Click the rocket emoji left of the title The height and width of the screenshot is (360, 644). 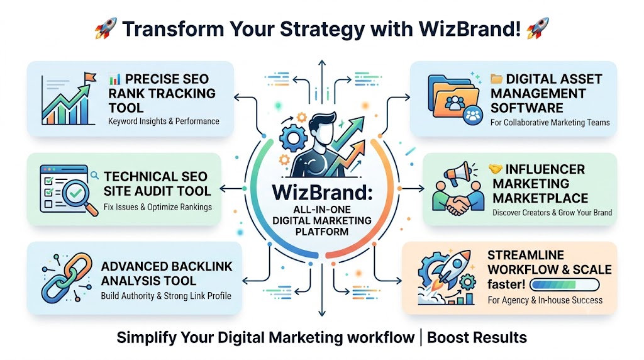click(106, 28)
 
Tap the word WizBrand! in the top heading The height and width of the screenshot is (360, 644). click(470, 29)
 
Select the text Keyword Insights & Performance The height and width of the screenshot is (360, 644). click(164, 121)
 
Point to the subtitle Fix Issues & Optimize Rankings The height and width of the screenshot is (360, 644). click(158, 206)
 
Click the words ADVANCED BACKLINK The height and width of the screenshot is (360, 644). click(167, 266)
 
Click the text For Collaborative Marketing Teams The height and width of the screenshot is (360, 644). click(550, 123)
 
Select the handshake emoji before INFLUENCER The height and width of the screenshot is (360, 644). click(496, 169)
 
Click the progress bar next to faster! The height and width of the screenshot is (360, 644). click(565, 284)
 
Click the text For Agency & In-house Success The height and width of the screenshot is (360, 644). click(545, 300)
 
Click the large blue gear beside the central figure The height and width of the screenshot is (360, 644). click(293, 138)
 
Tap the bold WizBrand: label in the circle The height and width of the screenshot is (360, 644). click(322, 193)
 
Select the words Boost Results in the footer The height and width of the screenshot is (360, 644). click(477, 337)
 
